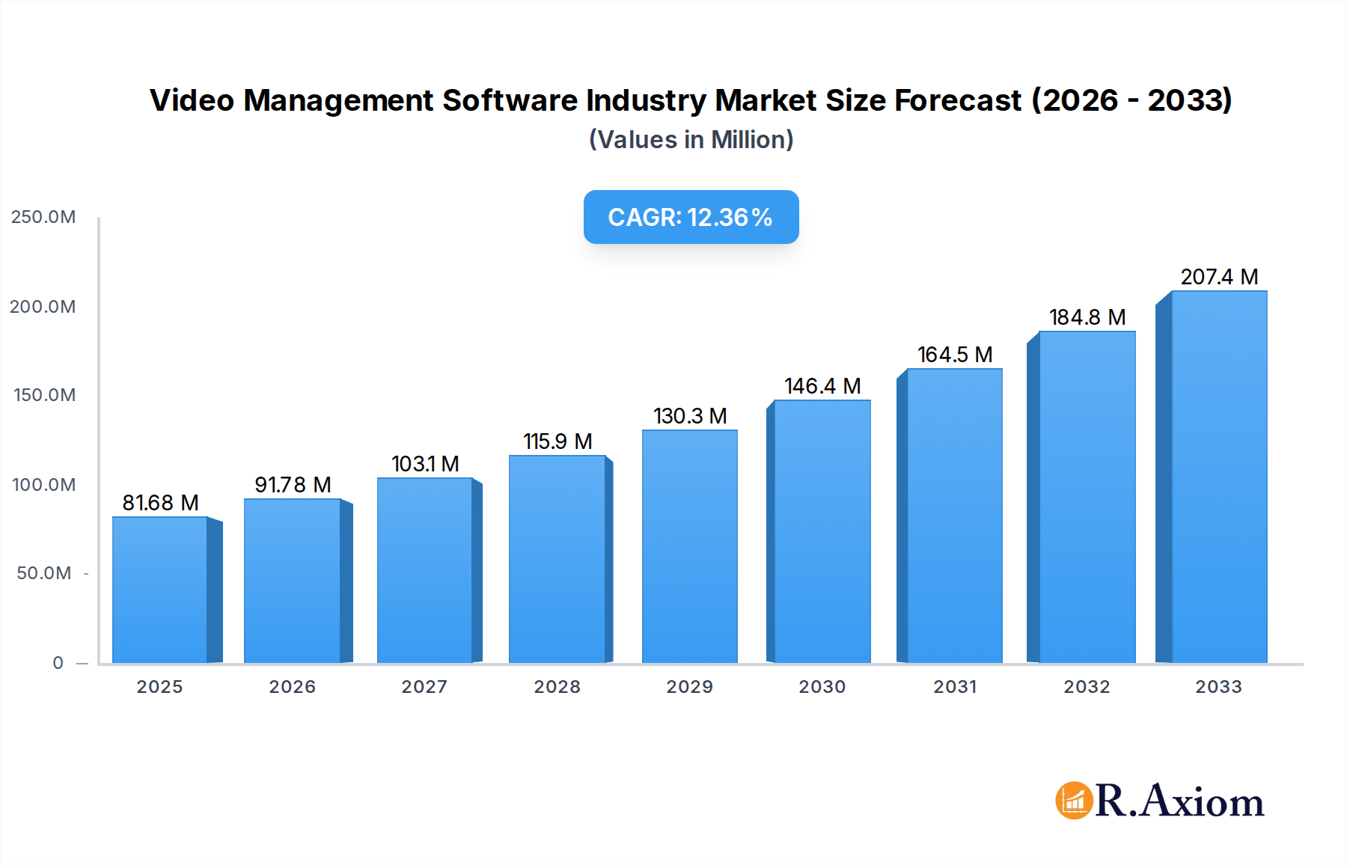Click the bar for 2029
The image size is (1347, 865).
(689, 546)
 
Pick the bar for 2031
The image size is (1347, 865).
(954, 516)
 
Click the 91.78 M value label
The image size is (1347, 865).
(293, 485)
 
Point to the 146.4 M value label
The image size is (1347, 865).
(822, 386)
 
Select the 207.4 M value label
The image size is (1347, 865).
(1219, 277)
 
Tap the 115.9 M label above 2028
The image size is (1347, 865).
(558, 441)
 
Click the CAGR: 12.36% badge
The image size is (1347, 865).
(691, 217)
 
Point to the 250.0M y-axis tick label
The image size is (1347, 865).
(43, 217)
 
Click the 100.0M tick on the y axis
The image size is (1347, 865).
(44, 485)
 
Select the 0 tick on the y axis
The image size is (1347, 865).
(58, 663)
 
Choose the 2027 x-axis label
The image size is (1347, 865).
(424, 687)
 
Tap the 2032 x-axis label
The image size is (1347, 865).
(1087, 687)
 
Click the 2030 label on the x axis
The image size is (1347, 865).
(822, 687)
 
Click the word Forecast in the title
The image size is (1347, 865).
(958, 100)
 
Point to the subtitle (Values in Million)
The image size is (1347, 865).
(691, 140)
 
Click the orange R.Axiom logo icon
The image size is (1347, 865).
(1074, 801)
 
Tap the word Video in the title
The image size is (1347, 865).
(192, 100)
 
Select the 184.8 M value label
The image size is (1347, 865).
(1087, 317)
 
